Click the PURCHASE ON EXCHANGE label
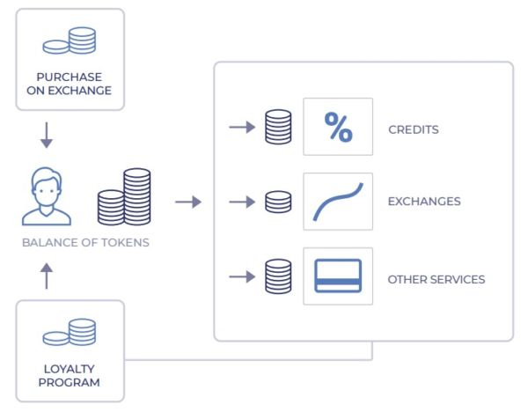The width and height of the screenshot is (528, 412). [70, 83]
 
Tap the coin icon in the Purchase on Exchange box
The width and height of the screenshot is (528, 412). [70, 41]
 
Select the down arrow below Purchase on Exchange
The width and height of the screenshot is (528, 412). [47, 137]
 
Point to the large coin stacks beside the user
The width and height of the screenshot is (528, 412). [124, 197]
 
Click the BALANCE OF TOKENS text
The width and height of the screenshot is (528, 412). [85, 242]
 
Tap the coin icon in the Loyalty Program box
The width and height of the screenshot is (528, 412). [70, 332]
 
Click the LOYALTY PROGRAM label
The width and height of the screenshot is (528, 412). [70, 375]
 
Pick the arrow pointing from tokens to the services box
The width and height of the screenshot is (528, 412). [187, 202]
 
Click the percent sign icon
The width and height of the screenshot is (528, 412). [338, 128]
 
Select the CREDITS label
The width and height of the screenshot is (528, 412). [413, 129]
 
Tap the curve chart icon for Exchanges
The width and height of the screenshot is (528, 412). [338, 202]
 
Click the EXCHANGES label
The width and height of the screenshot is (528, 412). [423, 202]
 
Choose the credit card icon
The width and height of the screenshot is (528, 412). [338, 276]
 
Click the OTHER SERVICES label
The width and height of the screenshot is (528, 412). [436, 280]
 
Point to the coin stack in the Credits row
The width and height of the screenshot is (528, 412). [278, 128]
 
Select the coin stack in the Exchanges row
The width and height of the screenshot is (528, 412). [278, 202]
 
